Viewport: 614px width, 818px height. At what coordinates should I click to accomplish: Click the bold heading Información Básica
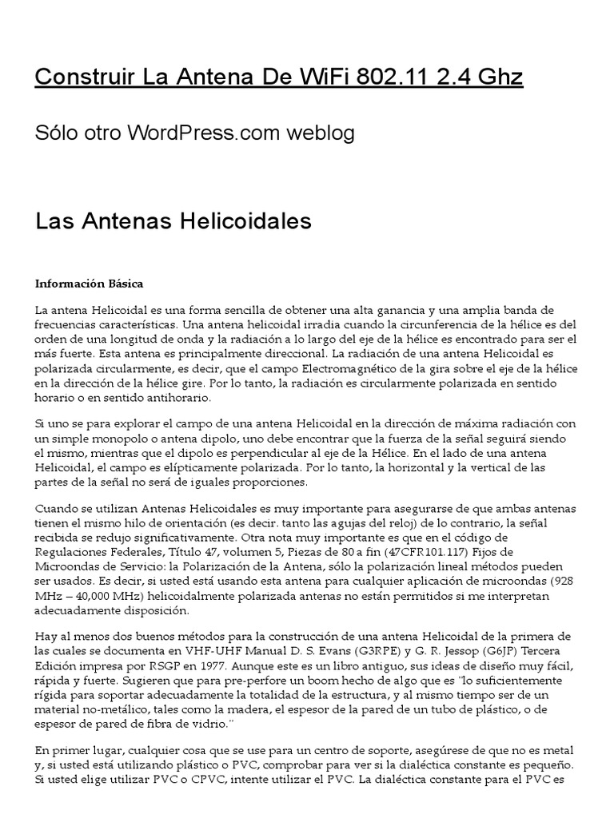coord(89,284)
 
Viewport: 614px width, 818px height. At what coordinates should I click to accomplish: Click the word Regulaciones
coord(75,552)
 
